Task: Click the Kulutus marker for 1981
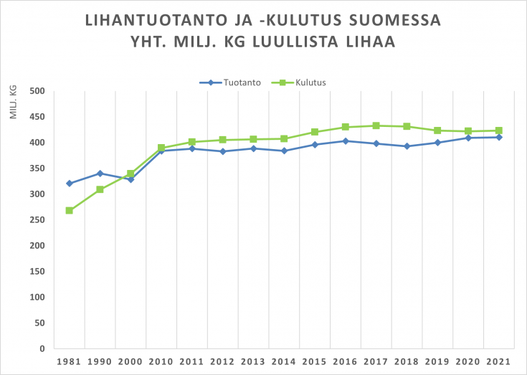(x=70, y=211)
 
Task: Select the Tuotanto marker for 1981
(x=70, y=184)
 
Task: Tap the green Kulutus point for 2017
(x=376, y=125)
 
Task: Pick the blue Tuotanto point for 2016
(x=346, y=141)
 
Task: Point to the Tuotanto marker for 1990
(x=100, y=174)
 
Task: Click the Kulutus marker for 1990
(x=100, y=189)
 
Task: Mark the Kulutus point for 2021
(x=499, y=130)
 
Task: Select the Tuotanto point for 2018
(x=407, y=146)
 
